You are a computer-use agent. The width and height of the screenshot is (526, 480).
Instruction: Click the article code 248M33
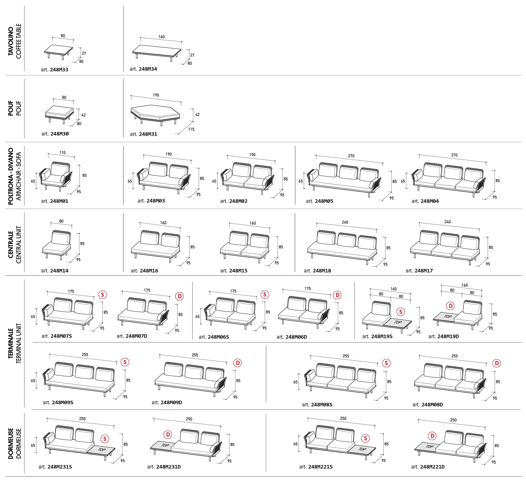pos(59,70)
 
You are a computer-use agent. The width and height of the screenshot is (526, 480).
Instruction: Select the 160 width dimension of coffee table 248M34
pos(162,37)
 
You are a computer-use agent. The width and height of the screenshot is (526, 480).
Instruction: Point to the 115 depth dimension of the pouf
pos(191,129)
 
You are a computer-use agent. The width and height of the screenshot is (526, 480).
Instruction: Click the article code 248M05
pos(324,201)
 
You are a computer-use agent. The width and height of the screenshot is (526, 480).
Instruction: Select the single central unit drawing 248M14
pos(57,245)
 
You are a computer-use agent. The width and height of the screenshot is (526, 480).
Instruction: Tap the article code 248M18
pos(322,271)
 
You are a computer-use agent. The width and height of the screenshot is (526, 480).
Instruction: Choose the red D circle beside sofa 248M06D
pos(337,295)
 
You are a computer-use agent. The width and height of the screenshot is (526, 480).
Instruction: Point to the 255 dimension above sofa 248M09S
pos(85,355)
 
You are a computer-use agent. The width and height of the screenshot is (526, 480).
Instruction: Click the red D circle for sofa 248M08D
pos(496,363)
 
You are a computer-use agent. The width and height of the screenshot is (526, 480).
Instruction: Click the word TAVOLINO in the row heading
pos(11,41)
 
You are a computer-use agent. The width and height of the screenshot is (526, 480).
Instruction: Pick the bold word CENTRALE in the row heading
pos(11,245)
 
